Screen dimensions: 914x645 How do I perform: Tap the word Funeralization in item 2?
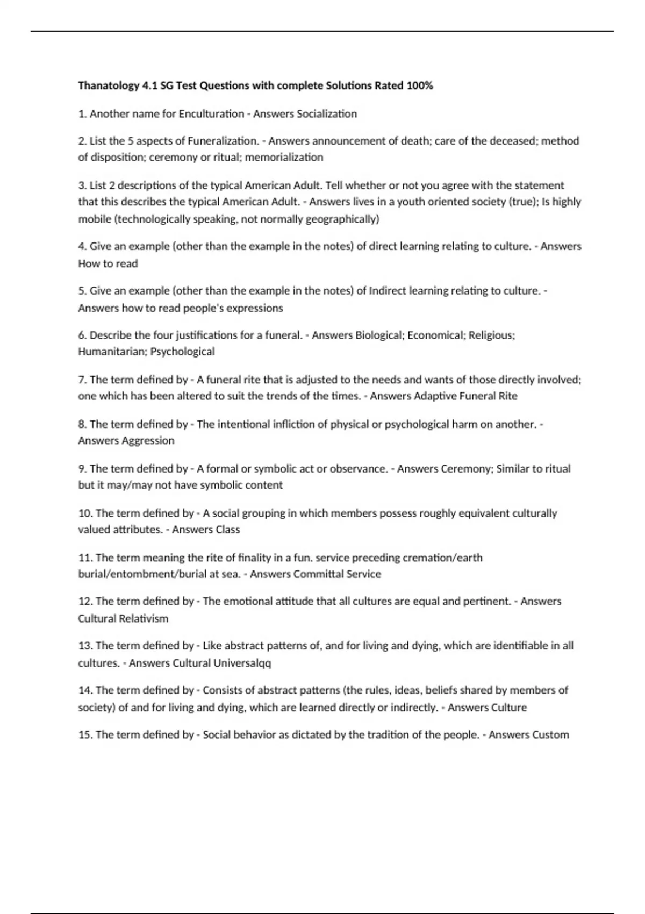223,141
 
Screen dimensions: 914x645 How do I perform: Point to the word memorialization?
284,158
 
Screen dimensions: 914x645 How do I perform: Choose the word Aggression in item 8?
148,441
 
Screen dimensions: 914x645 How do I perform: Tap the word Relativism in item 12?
145,619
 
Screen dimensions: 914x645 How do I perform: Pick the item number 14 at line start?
85,690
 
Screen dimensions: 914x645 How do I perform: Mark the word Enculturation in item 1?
211,114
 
